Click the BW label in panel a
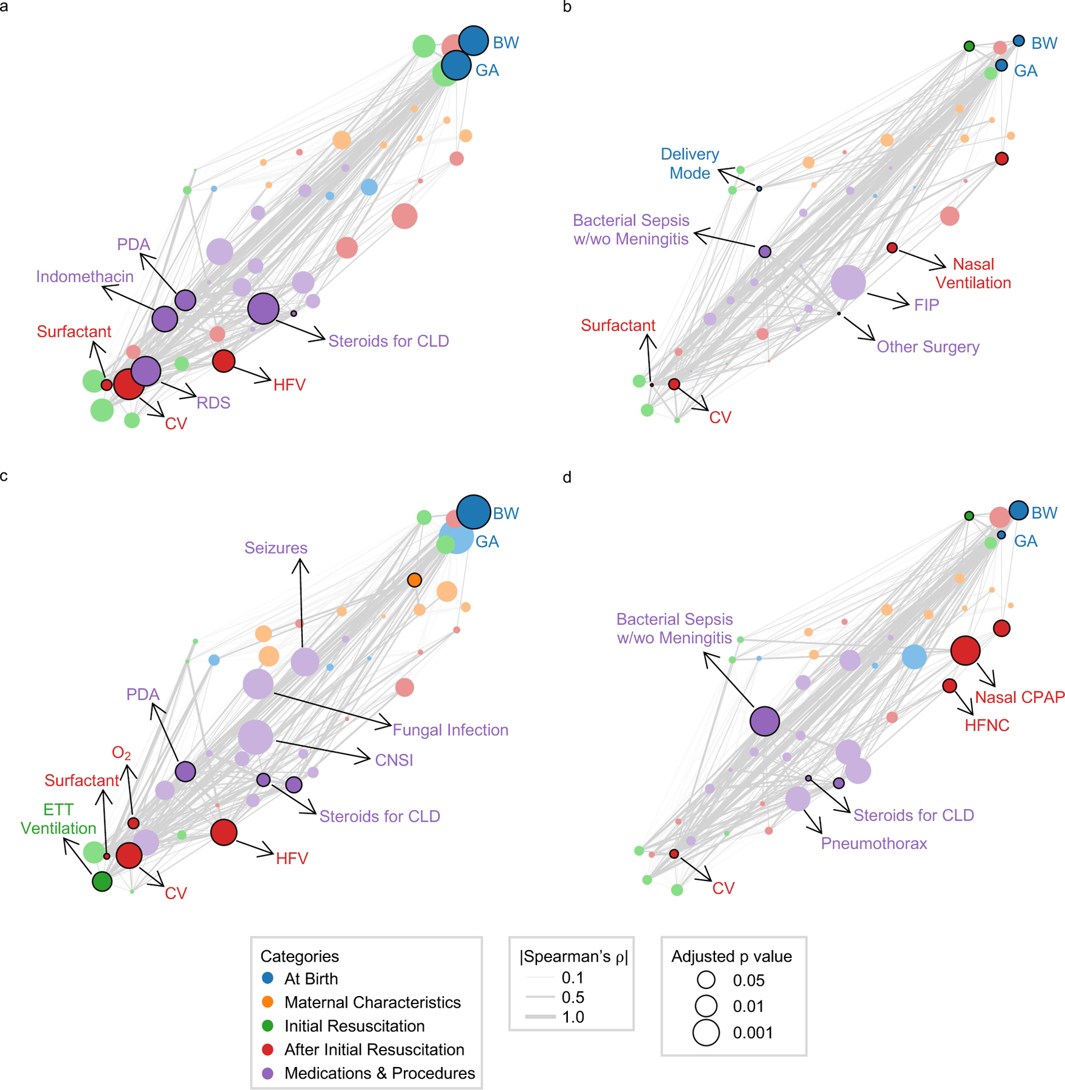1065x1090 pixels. (506, 43)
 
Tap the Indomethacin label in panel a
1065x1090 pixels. (85, 277)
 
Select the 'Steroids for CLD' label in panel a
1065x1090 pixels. (389, 341)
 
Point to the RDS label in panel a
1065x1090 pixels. (213, 403)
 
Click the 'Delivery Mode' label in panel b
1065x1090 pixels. (690, 163)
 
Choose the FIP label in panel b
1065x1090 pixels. (926, 305)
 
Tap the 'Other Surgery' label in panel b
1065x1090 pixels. (928, 347)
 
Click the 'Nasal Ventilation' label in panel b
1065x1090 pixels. (973, 273)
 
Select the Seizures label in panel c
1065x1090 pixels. (276, 548)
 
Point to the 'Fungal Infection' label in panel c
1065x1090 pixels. (450, 730)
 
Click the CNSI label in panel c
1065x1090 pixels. (394, 760)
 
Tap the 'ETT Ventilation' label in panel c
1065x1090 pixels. (59, 819)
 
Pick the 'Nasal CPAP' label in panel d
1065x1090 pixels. (1020, 697)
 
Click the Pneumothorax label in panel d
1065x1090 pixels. (874, 844)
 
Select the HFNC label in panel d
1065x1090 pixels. (987, 725)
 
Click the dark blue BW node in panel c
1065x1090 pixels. (473, 512)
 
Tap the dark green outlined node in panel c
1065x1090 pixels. (102, 881)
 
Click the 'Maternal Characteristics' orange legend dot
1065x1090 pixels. (268, 1002)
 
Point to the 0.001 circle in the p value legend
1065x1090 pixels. (706, 1032)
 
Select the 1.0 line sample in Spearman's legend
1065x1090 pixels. (540, 1017)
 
